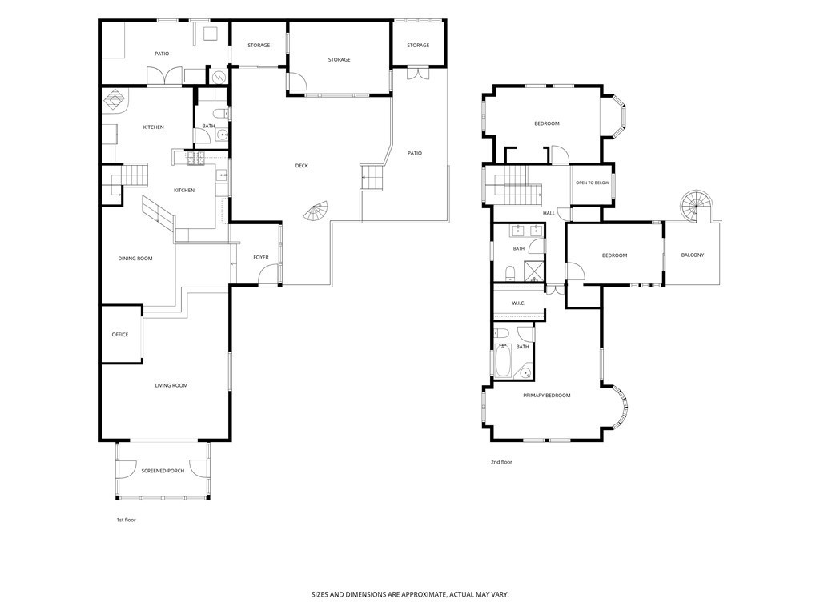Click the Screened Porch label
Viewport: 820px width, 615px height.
163,471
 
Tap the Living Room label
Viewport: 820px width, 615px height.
171,385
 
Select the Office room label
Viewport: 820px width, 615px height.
120,335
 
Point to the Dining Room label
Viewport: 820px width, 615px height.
135,259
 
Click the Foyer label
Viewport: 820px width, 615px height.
261,257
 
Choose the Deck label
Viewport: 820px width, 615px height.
302,166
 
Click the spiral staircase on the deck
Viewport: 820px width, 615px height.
317,211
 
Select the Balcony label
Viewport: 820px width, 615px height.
693,255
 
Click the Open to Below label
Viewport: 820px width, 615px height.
593,183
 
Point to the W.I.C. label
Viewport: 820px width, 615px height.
518,303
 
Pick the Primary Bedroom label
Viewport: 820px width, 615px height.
546,396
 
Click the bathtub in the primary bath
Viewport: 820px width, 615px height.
503,360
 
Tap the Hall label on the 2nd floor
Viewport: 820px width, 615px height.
549,213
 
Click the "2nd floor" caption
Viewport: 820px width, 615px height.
501,462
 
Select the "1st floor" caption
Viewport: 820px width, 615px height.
126,520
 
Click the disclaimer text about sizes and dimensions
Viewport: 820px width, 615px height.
410,594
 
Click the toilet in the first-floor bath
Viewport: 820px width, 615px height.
221,113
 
